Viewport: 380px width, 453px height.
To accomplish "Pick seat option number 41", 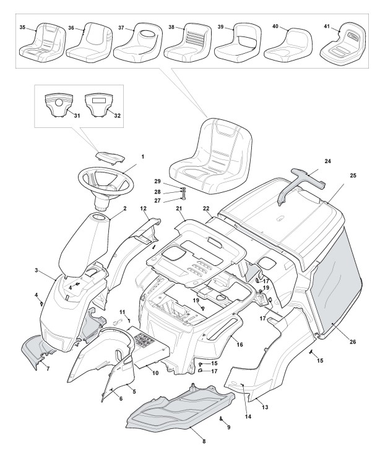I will [342, 43].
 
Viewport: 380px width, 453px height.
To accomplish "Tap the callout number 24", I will [327, 161].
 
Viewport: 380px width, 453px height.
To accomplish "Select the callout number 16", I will [240, 344].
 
